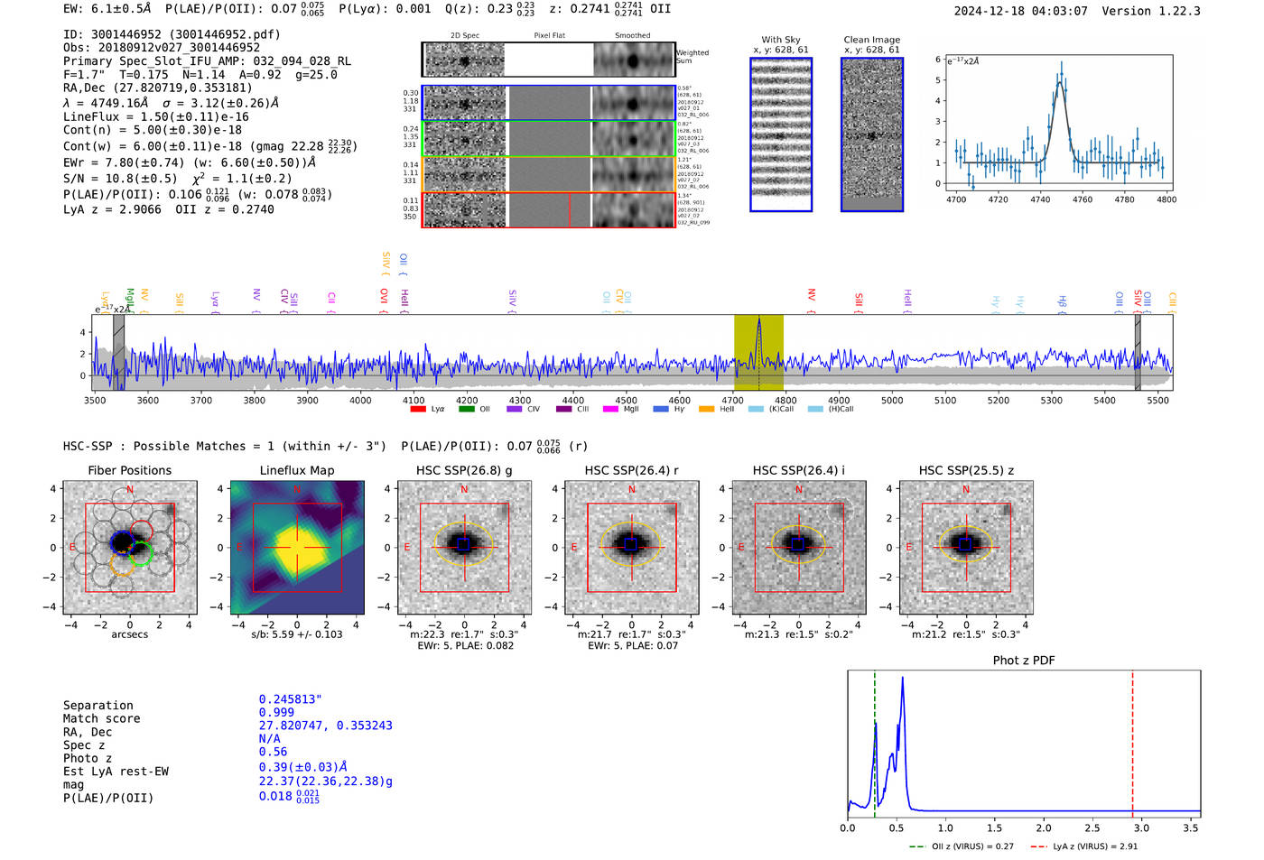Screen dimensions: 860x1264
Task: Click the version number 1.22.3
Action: pos(1167,11)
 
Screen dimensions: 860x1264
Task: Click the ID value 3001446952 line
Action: pos(172,34)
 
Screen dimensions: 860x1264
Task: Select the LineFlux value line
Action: pos(155,116)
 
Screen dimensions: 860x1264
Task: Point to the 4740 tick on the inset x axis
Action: pos(1040,199)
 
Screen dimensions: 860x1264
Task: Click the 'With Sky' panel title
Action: pos(780,40)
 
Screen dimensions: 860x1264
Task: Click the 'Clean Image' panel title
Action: pos(871,40)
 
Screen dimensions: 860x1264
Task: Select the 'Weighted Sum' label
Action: pos(692,57)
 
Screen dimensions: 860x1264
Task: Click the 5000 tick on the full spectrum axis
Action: pos(892,400)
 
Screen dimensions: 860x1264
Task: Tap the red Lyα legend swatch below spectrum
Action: pos(418,409)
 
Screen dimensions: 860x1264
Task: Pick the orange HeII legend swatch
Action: pos(706,409)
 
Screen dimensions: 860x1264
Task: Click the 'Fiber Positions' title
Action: pos(129,470)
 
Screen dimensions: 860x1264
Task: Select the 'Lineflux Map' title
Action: pos(296,470)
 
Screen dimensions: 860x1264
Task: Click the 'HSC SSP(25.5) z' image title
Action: pos(966,470)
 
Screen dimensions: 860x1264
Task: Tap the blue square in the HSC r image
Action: pos(631,544)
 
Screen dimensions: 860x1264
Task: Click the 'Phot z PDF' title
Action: pos(1024,660)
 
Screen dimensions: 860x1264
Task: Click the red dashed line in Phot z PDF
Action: pos(1132,740)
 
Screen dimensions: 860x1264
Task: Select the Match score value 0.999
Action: pos(276,712)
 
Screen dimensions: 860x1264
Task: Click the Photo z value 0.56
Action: pos(273,752)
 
